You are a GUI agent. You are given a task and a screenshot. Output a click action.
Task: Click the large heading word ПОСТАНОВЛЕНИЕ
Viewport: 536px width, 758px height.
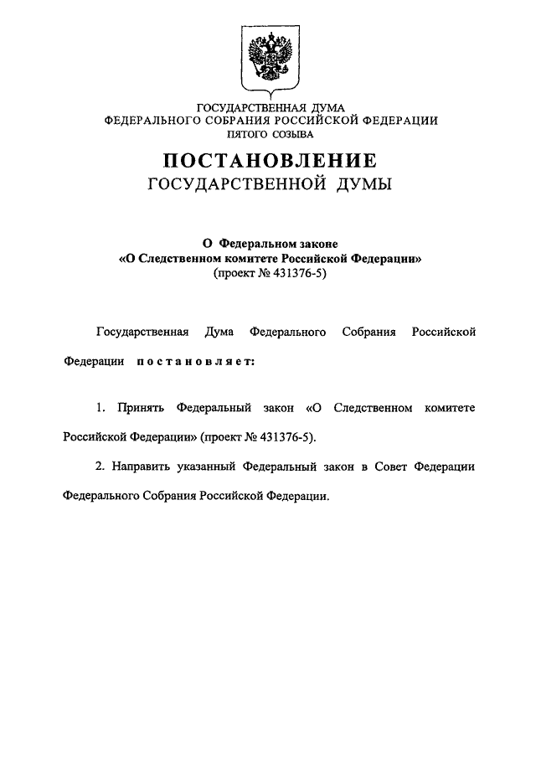click(x=270, y=160)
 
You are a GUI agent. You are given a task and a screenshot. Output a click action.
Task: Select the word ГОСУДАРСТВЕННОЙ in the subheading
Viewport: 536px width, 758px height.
click(x=237, y=184)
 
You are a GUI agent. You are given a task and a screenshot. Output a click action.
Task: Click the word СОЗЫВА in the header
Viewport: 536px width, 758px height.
click(x=295, y=133)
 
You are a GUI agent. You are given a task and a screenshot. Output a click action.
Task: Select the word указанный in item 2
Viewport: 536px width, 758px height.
click(x=211, y=465)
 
